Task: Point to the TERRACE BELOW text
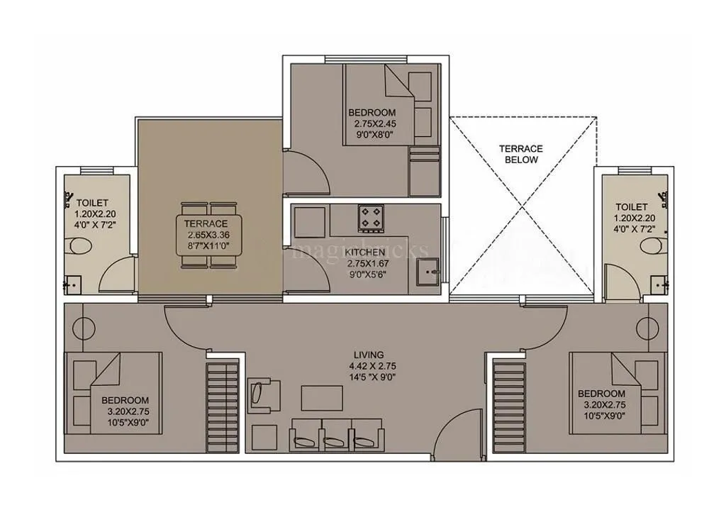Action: pos(520,154)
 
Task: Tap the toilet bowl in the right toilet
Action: pos(649,246)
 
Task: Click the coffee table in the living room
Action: pos(321,397)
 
